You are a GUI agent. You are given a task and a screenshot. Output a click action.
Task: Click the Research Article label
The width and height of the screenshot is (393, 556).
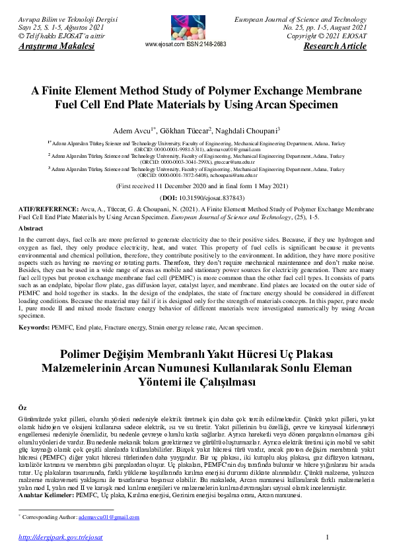(x=334, y=46)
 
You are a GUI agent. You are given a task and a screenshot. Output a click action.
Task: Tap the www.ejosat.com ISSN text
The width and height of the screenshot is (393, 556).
(x=185, y=44)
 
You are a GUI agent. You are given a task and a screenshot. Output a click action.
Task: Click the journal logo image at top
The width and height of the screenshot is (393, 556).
(x=185, y=23)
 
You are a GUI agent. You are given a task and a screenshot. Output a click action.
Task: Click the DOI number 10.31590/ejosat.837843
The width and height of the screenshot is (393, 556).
(x=205, y=198)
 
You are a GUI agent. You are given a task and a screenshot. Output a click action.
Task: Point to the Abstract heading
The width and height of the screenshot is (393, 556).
(x=30, y=228)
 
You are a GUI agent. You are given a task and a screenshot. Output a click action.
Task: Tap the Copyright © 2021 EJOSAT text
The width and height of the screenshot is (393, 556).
(x=328, y=38)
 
